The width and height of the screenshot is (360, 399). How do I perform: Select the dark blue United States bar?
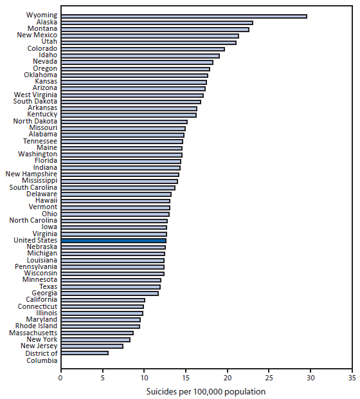[x=113, y=240]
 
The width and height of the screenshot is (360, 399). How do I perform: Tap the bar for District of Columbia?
[x=84, y=353]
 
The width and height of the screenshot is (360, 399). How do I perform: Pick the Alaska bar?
[x=156, y=22]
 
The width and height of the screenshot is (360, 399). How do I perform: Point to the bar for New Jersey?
[x=91, y=346]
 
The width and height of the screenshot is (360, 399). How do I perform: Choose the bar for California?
[x=102, y=300]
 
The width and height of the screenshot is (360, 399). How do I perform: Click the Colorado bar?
[x=142, y=48]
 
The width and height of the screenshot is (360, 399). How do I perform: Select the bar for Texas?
[x=110, y=286]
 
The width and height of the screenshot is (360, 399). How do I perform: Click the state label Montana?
[x=42, y=28]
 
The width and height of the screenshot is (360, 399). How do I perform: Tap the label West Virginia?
[x=35, y=95]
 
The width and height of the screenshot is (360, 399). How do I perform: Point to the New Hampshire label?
[x=31, y=174]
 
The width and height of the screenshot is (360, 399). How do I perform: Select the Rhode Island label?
[x=37, y=326]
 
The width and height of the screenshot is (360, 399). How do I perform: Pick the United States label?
[x=35, y=240]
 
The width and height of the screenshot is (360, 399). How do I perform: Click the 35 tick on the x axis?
[x=352, y=378]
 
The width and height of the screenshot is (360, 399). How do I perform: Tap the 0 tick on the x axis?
[x=60, y=378]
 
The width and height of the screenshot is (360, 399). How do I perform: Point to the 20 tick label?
[x=227, y=378]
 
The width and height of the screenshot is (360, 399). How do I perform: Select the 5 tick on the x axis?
[x=102, y=378]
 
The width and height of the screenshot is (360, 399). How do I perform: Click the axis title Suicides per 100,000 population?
[x=206, y=391]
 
